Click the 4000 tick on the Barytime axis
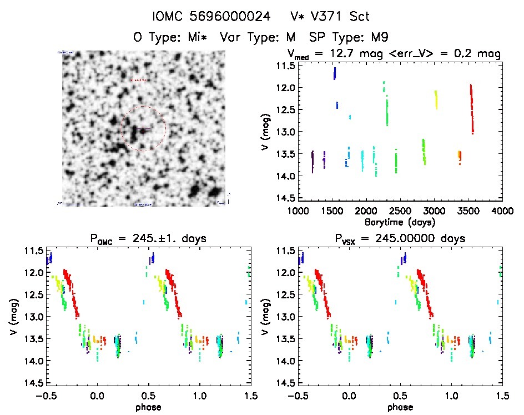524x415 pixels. point(502,211)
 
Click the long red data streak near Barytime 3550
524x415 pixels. point(471,108)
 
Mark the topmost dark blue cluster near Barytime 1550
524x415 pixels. point(335,73)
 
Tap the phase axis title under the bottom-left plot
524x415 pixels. point(147,407)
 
